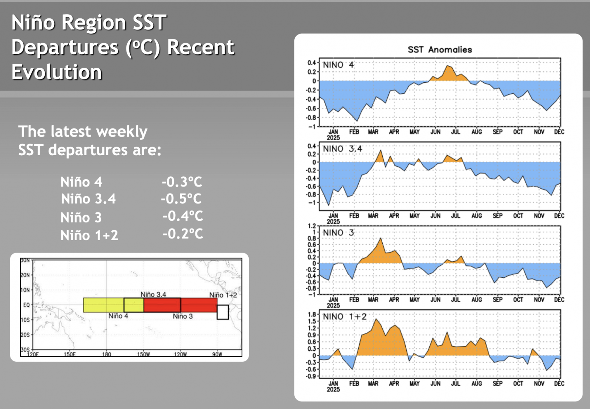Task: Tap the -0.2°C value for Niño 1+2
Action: [182, 234]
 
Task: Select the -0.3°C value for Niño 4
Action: [182, 182]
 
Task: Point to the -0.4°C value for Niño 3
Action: [182, 216]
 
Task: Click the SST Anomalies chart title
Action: [439, 50]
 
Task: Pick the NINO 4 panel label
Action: [338, 65]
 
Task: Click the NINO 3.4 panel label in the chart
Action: [342, 149]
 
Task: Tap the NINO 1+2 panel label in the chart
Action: [344, 317]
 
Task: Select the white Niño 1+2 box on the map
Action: [223, 312]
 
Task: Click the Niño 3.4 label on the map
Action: [153, 294]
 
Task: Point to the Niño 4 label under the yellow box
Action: [118, 316]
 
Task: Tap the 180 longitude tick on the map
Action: [106, 354]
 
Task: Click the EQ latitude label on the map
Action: [26, 305]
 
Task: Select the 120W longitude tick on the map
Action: [180, 354]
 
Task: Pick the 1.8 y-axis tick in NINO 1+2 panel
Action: [312, 314]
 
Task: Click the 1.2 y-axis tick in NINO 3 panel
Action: [312, 226]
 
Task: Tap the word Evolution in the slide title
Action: [57, 72]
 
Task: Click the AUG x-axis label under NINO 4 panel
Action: [476, 132]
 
